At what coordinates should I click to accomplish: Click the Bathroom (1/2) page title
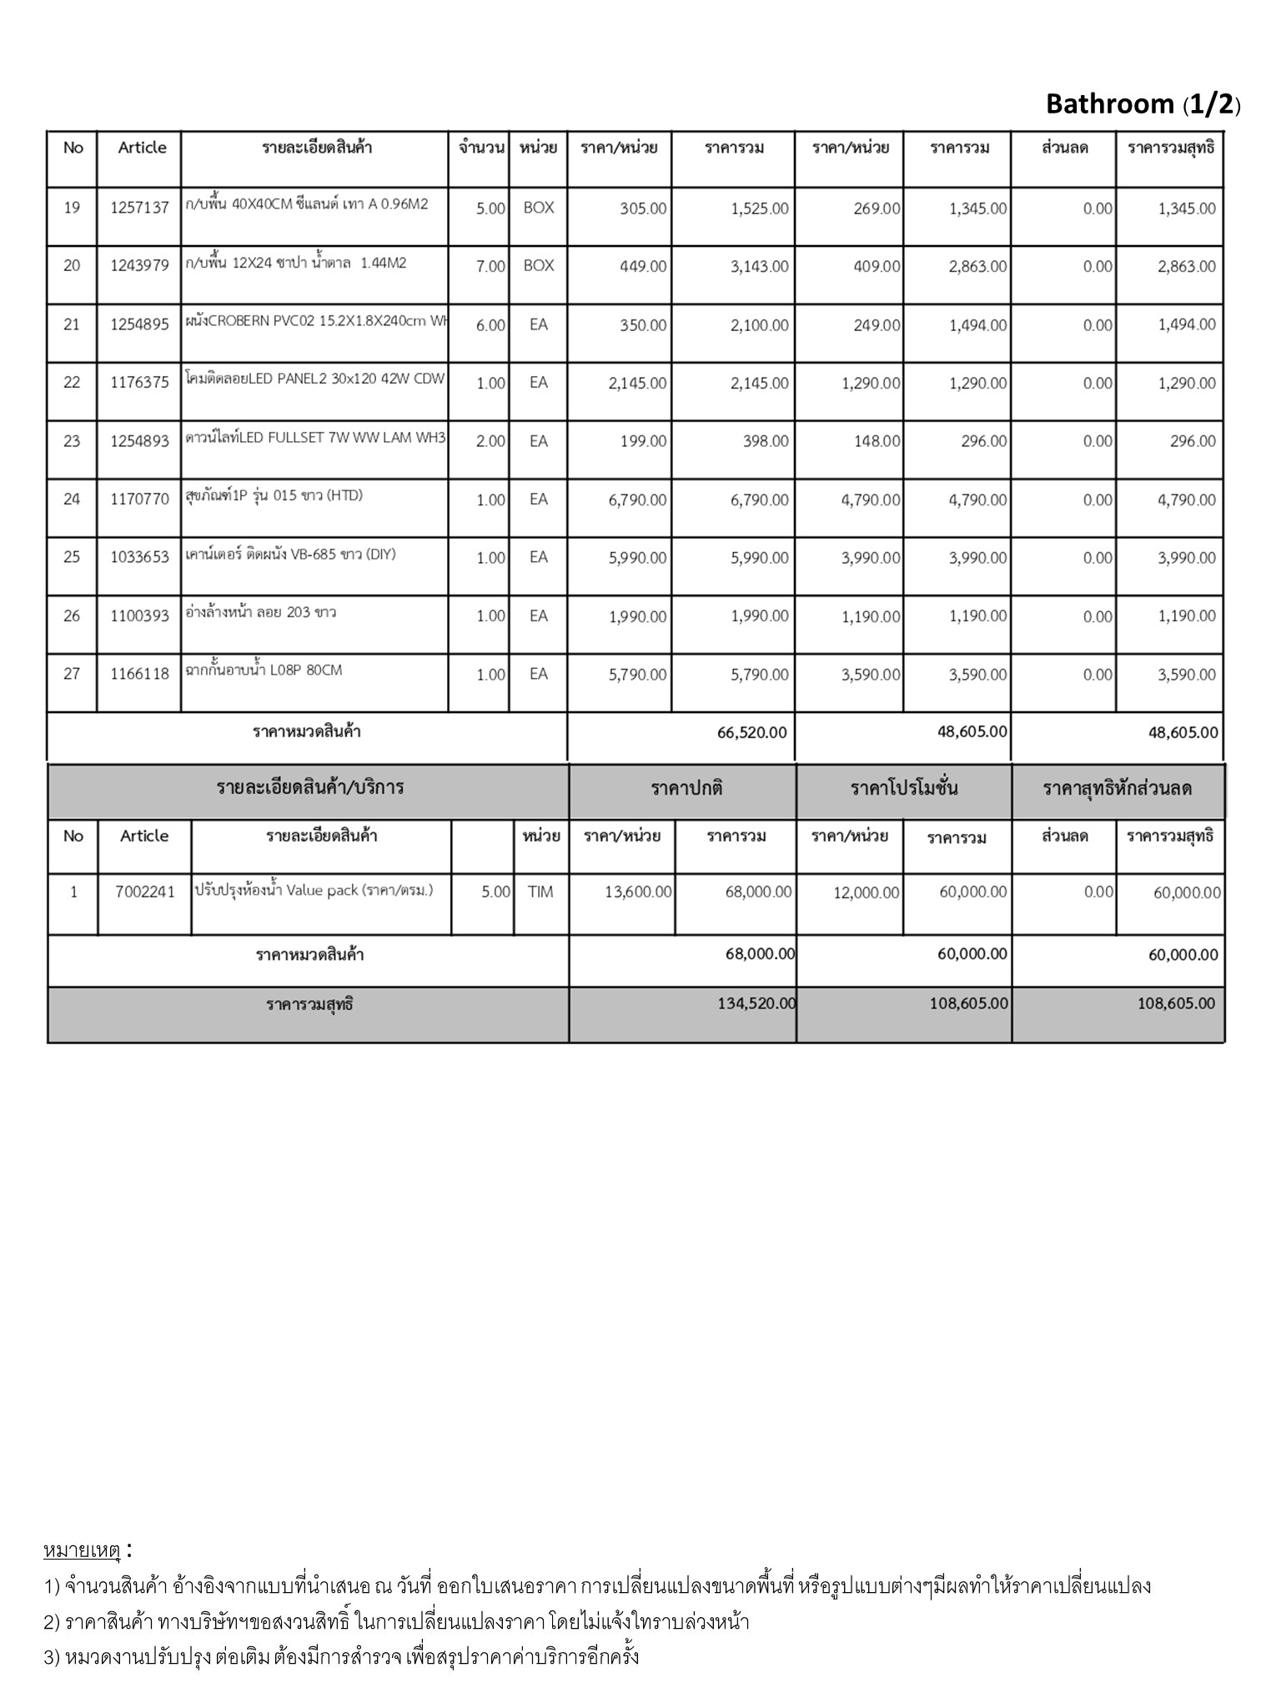point(1143,103)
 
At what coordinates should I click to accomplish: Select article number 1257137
point(139,208)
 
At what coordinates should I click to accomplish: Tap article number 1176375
point(139,383)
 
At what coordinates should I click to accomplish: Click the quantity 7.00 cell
point(490,266)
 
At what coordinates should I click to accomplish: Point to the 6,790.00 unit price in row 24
point(637,500)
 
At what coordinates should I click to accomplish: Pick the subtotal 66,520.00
point(751,733)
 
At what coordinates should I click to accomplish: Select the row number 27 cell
point(72,674)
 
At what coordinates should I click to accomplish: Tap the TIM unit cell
point(540,892)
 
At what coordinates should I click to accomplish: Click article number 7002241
point(145,892)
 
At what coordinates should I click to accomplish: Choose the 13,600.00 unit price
point(638,892)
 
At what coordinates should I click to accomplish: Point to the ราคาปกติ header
point(686,788)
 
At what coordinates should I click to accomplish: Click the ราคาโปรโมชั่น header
point(904,788)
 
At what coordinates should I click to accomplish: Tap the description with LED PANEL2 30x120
point(315,379)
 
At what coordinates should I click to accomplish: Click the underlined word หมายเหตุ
point(82,1551)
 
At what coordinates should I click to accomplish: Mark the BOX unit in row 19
point(538,208)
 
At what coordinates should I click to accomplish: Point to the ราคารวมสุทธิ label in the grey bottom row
point(309,1004)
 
